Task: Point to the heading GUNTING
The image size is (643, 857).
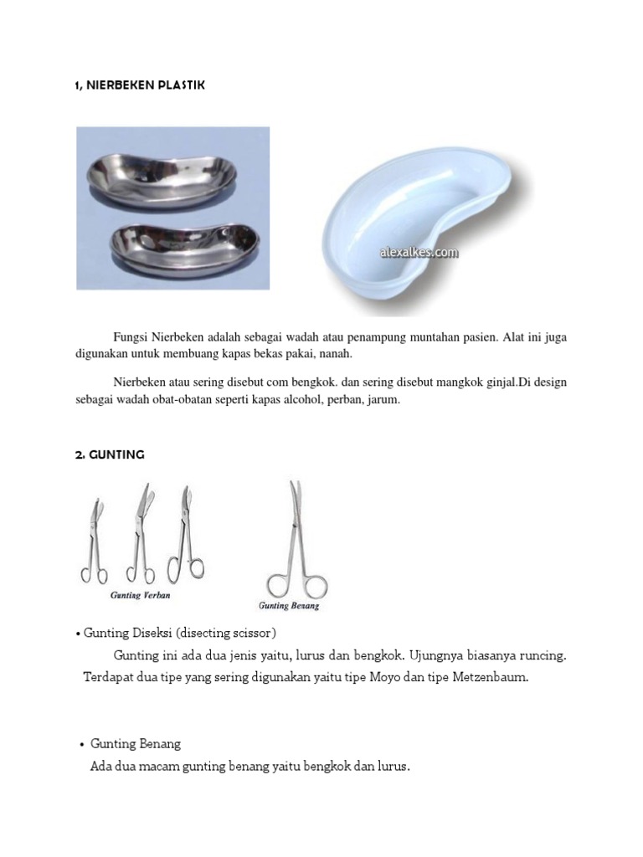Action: click(x=110, y=454)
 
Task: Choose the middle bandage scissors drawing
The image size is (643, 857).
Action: click(x=138, y=536)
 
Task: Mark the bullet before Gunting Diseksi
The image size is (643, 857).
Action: click(x=79, y=631)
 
